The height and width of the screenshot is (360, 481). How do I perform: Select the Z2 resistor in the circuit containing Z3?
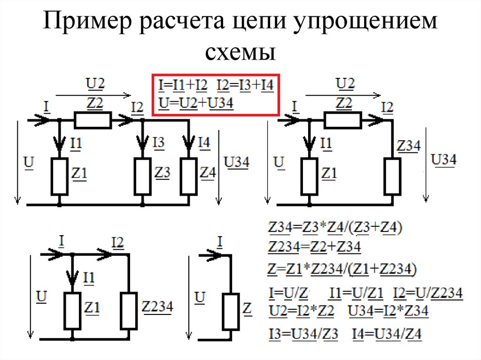click(93, 120)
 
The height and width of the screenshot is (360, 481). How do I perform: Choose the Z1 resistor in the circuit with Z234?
click(72, 310)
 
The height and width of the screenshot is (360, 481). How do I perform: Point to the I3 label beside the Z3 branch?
click(160, 142)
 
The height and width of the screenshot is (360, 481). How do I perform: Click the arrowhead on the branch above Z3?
click(142, 141)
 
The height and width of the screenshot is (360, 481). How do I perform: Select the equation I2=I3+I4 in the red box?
click(245, 86)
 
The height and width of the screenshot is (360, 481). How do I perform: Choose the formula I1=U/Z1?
click(357, 293)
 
